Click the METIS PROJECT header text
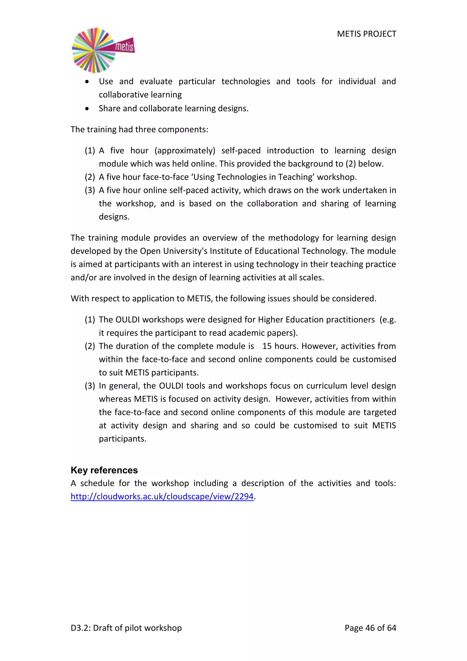click(x=366, y=34)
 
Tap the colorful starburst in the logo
click(x=93, y=50)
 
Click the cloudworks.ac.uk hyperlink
click(x=162, y=496)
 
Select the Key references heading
click(x=104, y=470)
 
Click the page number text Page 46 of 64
click(x=370, y=628)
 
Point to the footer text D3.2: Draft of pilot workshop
click(x=126, y=628)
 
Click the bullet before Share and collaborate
click(x=87, y=109)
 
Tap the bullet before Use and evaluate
click(x=87, y=82)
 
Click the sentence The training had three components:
click(x=139, y=130)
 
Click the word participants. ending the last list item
click(x=122, y=438)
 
